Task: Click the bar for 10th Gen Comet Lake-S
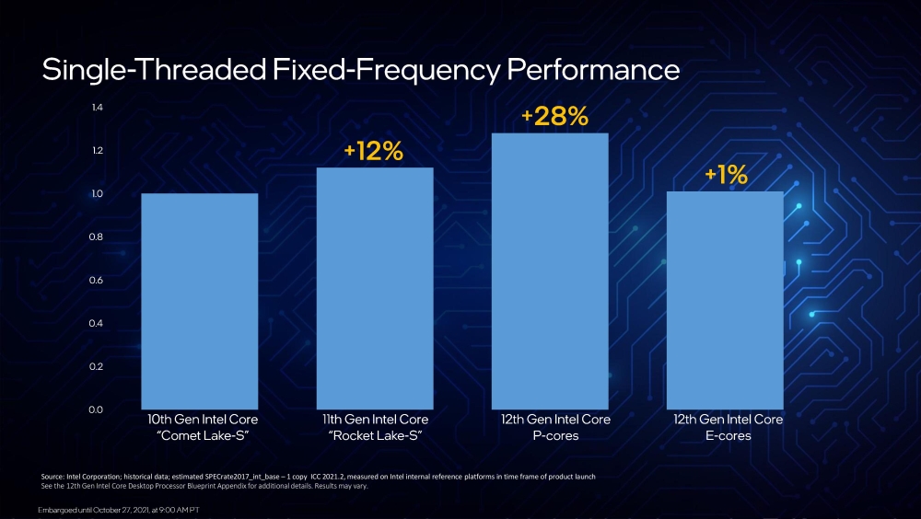[199, 301]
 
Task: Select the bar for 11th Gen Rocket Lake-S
[374, 288]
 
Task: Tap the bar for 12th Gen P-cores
[550, 271]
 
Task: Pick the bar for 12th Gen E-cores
[725, 300]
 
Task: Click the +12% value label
[373, 152]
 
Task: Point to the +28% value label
[554, 117]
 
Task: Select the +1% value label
[726, 176]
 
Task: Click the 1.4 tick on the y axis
[97, 108]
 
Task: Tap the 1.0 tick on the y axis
[97, 194]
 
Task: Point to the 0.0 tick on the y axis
[97, 409]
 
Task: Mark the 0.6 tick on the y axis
[97, 280]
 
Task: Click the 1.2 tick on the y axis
[97, 151]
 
